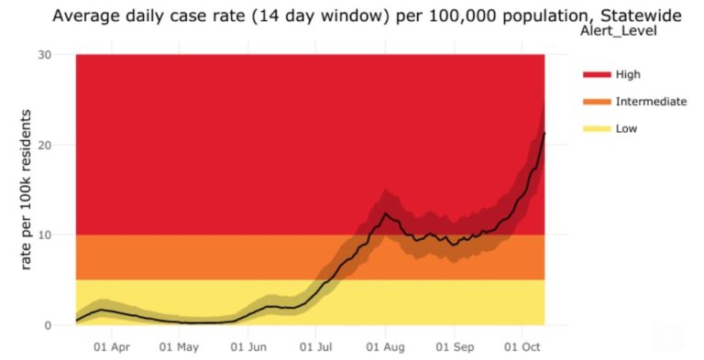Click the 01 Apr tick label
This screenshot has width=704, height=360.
(109, 348)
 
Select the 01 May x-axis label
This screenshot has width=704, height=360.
(179, 348)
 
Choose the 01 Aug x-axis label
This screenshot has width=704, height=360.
(385, 348)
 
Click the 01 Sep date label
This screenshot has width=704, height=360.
(455, 348)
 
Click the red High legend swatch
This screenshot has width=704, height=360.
(596, 75)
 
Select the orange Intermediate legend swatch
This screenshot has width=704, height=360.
(596, 102)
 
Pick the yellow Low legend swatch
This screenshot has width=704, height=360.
(596, 128)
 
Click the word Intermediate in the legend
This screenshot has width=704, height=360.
(651, 102)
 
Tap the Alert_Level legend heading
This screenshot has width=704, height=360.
(619, 30)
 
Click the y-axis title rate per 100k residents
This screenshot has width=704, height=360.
(26, 190)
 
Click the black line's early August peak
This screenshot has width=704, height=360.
(385, 213)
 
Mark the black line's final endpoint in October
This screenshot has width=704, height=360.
(544, 134)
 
